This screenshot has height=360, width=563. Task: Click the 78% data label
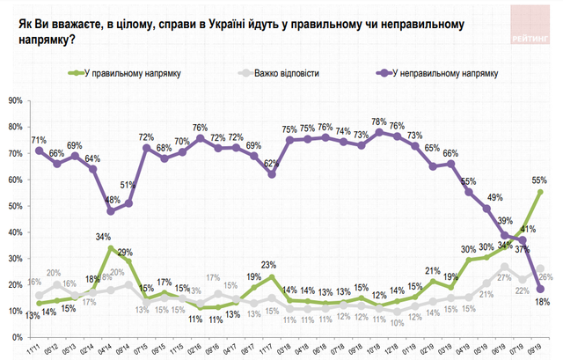tap(379, 121)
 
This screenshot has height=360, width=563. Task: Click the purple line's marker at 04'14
tap(111, 211)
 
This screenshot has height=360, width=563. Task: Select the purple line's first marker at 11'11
tap(38, 151)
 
